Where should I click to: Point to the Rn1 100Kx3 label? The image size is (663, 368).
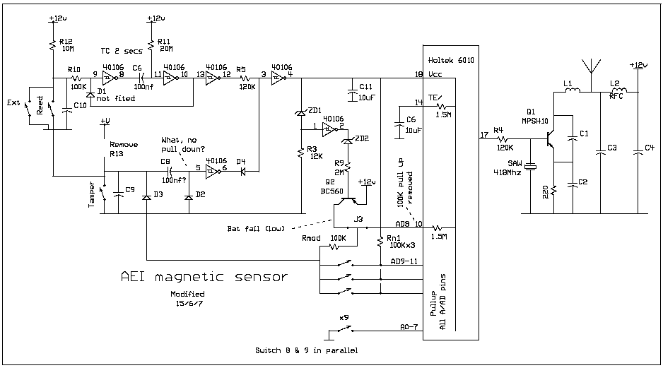(397, 242)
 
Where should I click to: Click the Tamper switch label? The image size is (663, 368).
(91, 194)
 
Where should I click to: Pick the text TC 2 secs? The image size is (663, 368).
(122, 50)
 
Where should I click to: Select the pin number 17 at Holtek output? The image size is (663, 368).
(483, 134)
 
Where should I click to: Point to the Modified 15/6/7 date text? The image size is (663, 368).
(187, 298)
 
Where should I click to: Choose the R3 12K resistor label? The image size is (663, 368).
(315, 152)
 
